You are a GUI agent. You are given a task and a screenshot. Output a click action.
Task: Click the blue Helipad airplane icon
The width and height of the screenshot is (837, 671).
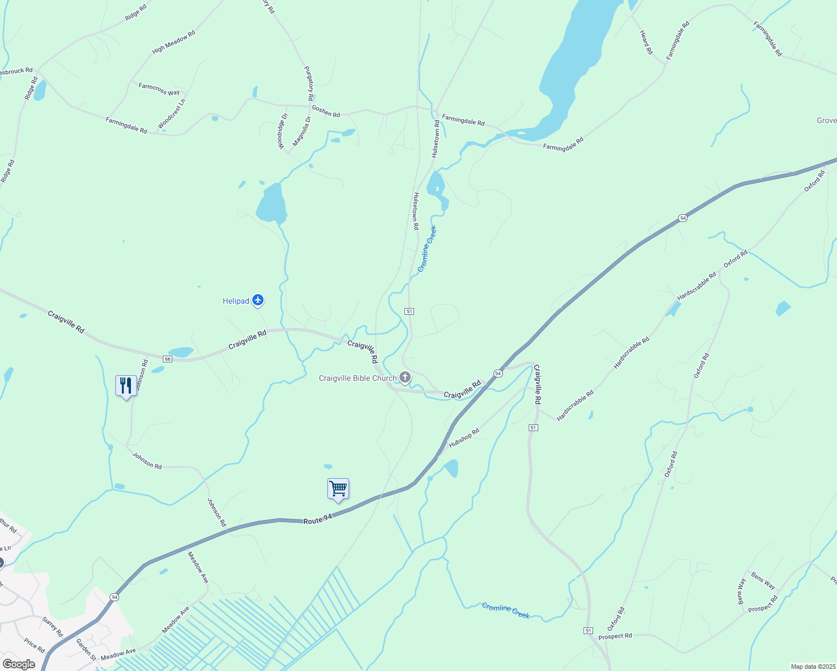[x=258, y=301]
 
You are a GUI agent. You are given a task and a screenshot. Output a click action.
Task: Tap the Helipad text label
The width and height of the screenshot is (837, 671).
[x=236, y=301]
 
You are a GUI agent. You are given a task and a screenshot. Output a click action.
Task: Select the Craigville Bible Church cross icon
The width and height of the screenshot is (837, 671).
[x=405, y=378]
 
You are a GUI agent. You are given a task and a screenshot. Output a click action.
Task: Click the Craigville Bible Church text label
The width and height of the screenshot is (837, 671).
[x=358, y=379]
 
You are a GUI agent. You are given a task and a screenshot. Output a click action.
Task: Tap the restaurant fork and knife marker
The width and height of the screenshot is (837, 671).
[x=126, y=385]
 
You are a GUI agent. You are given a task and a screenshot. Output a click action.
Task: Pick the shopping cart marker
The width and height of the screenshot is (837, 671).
[x=338, y=489]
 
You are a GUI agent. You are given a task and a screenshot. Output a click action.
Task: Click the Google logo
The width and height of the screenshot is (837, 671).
[x=19, y=664]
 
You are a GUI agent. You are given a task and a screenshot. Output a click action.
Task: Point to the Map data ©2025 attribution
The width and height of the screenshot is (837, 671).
[x=812, y=667]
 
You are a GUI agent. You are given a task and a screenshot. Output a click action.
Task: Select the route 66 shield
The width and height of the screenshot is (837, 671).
[x=167, y=358]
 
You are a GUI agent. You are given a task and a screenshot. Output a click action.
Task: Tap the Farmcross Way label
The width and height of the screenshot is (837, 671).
[x=159, y=89]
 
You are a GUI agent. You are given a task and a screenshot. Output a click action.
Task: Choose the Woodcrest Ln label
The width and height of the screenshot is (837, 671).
[x=171, y=114]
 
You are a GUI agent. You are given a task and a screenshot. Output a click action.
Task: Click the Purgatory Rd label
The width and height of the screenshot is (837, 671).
[x=309, y=83]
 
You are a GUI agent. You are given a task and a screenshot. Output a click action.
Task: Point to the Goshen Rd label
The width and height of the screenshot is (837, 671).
[x=326, y=111]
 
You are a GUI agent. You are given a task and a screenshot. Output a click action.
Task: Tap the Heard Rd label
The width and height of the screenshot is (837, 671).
[x=646, y=42]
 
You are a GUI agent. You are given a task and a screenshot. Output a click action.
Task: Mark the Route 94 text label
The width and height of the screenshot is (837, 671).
[x=318, y=519]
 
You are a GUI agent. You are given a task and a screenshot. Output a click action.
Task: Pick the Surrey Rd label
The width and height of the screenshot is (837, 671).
[x=53, y=627]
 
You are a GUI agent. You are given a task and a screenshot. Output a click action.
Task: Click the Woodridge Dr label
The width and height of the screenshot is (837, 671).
[x=282, y=131]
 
